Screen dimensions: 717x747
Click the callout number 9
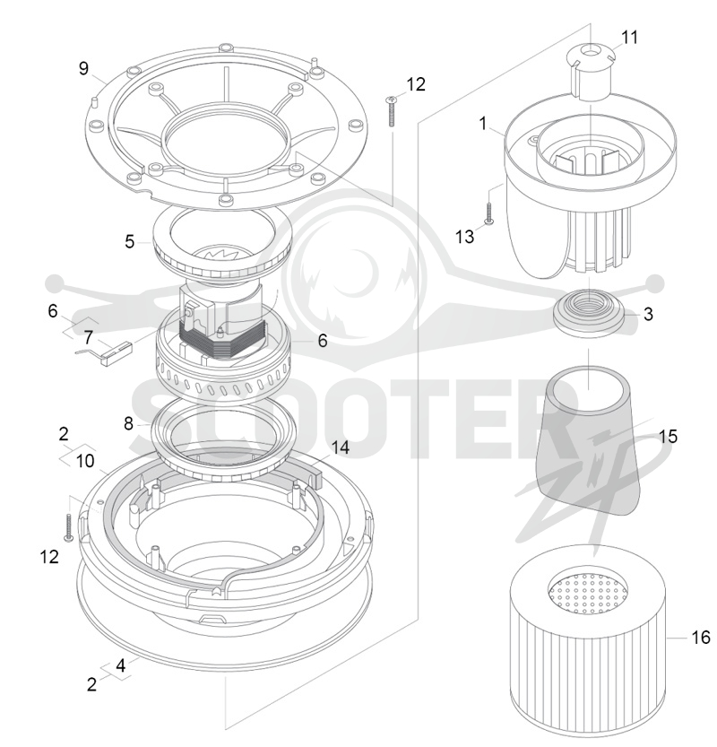[83, 68]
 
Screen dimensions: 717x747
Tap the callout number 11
[629, 37]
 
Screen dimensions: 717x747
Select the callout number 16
[700, 638]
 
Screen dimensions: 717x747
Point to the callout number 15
[668, 437]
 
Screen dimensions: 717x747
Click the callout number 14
[340, 447]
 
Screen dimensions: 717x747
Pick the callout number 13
[464, 237]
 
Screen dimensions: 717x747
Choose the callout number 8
[128, 423]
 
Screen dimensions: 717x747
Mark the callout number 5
[129, 241]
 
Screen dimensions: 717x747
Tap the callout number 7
[88, 338]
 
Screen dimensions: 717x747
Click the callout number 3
[648, 315]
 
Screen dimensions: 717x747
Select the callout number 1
[483, 124]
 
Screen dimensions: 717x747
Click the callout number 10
[85, 461]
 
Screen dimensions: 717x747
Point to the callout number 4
[121, 665]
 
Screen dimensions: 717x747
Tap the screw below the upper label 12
[392, 110]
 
